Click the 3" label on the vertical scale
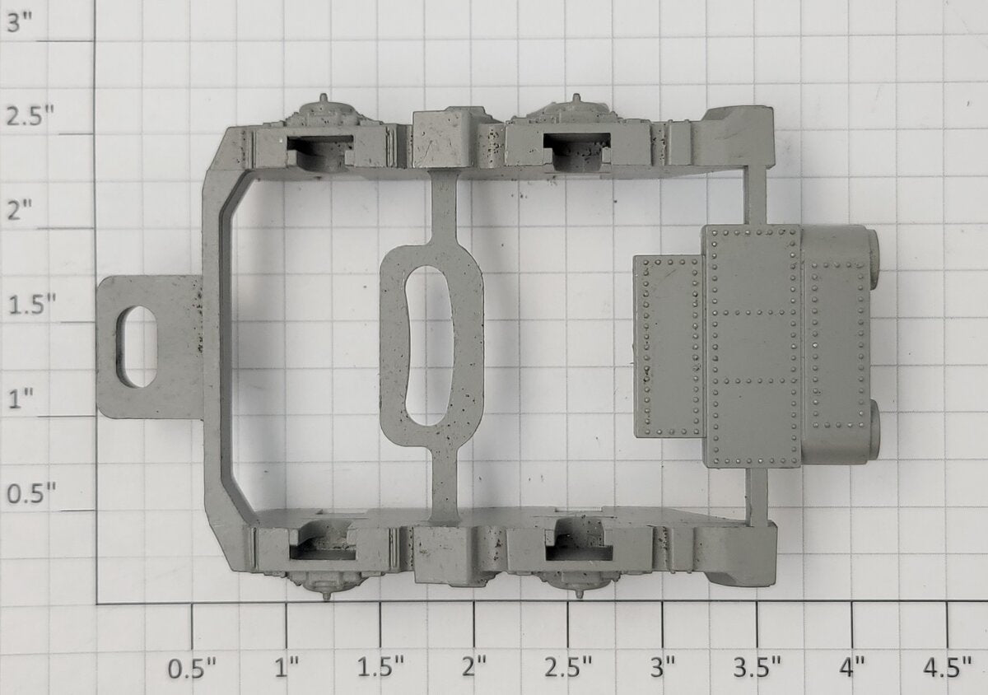click(x=20, y=23)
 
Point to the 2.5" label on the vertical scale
click(x=30, y=116)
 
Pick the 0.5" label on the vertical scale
click(x=31, y=492)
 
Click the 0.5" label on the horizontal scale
click(x=192, y=668)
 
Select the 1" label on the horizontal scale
click(x=287, y=668)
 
